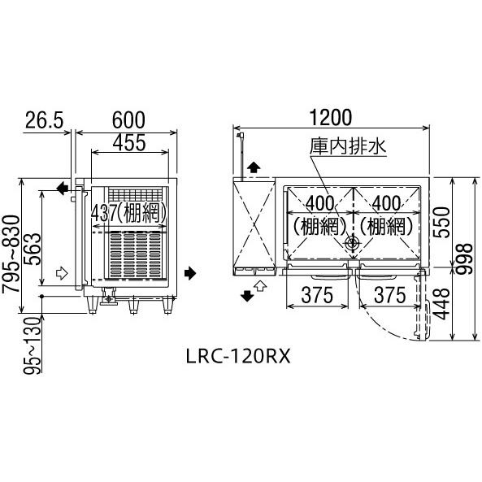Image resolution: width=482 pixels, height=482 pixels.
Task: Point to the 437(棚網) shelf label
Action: (130, 213)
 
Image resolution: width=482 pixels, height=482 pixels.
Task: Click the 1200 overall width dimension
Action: (330, 118)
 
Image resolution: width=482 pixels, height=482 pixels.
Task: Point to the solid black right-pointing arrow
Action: (190, 272)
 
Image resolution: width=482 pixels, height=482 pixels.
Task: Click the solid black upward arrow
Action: (254, 167)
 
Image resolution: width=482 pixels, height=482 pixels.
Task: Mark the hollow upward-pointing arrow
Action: (261, 285)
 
